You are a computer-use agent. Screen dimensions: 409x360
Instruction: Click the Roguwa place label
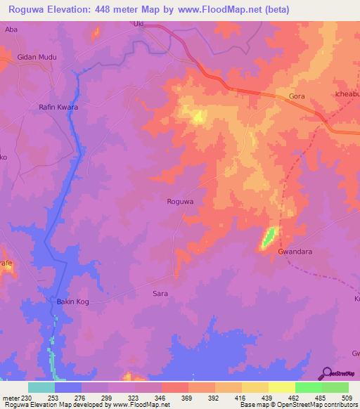[x=180, y=202]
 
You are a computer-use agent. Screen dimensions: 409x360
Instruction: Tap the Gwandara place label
[x=295, y=250]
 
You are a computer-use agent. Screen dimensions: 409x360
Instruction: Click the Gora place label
[x=297, y=96]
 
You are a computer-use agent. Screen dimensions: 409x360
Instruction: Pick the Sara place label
[x=160, y=293]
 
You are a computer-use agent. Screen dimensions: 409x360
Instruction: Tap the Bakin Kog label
[x=71, y=302]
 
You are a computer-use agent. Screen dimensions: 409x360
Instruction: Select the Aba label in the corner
[x=11, y=30]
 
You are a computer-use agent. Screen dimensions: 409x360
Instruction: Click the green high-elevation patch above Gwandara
[x=269, y=237]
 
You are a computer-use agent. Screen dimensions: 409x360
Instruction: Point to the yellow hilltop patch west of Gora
[x=198, y=117]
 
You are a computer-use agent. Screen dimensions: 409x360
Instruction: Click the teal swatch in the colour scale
[x=41, y=387]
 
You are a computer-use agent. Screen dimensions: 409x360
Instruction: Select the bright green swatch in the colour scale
[x=309, y=387]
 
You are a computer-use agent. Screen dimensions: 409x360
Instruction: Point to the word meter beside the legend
[x=11, y=397]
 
